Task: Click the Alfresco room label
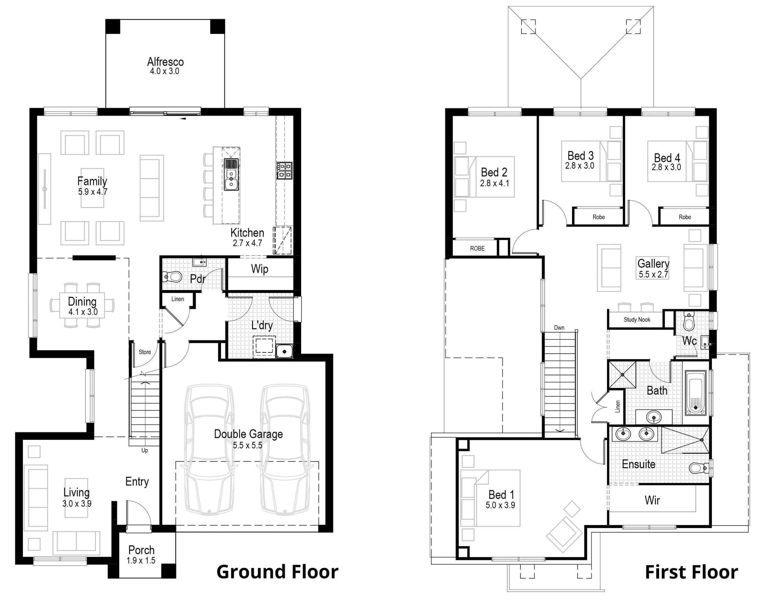(x=165, y=62)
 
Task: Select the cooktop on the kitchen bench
(x=284, y=170)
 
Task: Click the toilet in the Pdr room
(x=173, y=276)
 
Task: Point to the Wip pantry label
(x=259, y=269)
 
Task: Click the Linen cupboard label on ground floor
(x=177, y=299)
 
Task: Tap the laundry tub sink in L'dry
(x=284, y=351)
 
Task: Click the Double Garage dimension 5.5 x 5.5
(x=248, y=445)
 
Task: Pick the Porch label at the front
(x=141, y=550)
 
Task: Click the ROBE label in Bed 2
(x=477, y=248)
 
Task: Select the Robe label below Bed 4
(x=685, y=217)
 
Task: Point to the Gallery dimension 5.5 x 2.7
(x=653, y=274)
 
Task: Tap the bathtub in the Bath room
(x=695, y=393)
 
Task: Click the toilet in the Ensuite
(x=698, y=468)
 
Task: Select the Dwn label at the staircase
(x=559, y=328)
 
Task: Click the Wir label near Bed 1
(x=652, y=500)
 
